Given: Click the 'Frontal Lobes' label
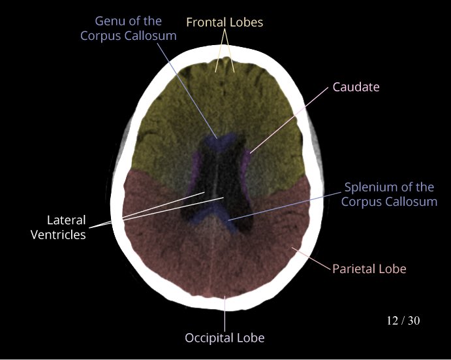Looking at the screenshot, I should tap(225, 22).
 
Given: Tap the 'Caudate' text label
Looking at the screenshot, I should tap(356, 86).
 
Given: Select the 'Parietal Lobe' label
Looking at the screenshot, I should tap(369, 269).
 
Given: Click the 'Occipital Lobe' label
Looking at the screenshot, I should tap(225, 338).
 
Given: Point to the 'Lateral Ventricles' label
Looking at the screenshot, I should tap(58, 227).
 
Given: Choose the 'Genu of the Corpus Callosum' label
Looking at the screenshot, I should tap(128, 29).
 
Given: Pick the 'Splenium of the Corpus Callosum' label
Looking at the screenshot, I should tap(389, 195).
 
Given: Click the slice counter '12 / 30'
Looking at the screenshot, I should tap(403, 321).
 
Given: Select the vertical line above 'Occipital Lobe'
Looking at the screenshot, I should tap(225, 314).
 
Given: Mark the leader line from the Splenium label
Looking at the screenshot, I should tap(287, 205).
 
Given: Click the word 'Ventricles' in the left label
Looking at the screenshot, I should tap(58, 235).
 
